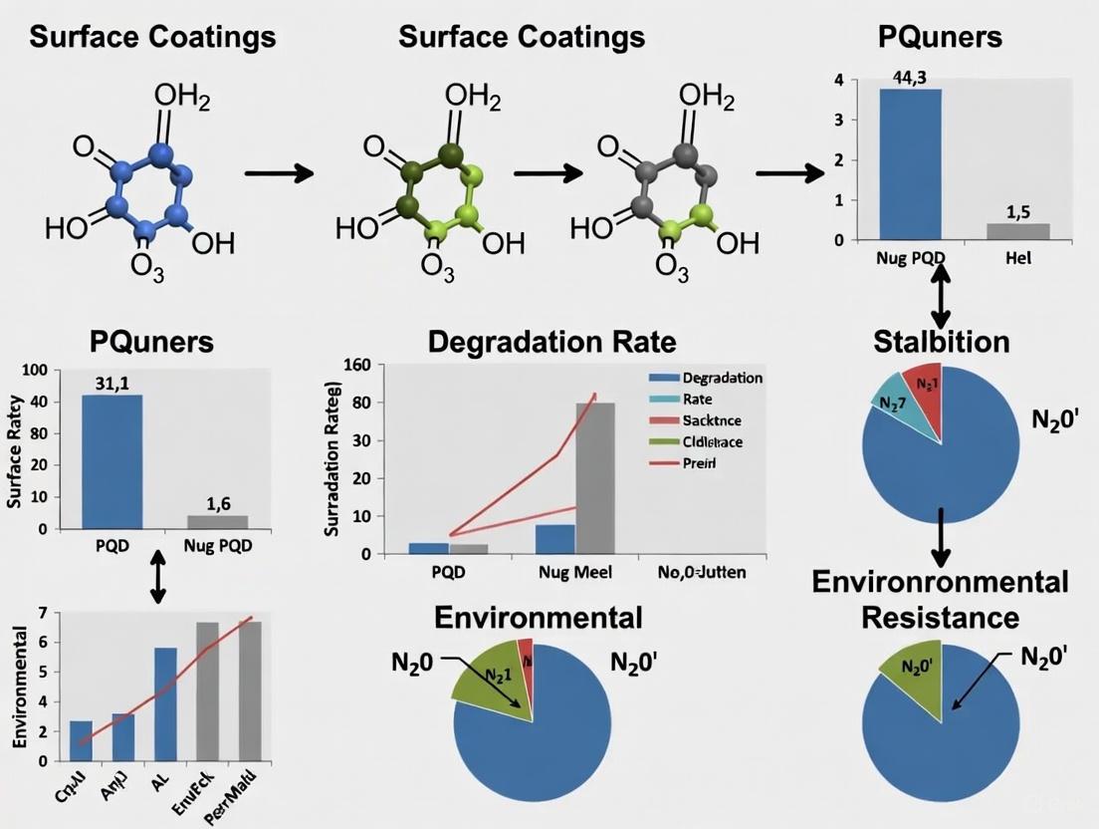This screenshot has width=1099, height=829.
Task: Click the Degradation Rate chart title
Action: click(551, 342)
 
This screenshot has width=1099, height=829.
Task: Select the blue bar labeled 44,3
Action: click(910, 164)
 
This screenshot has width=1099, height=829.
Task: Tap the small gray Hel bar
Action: click(1016, 231)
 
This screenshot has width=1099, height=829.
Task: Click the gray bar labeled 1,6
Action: click(217, 521)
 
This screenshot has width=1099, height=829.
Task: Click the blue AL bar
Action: click(165, 703)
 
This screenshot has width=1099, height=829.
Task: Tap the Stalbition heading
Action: click(941, 342)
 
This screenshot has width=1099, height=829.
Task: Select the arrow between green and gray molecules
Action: click(549, 172)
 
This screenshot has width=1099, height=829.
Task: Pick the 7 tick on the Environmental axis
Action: click(42, 612)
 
